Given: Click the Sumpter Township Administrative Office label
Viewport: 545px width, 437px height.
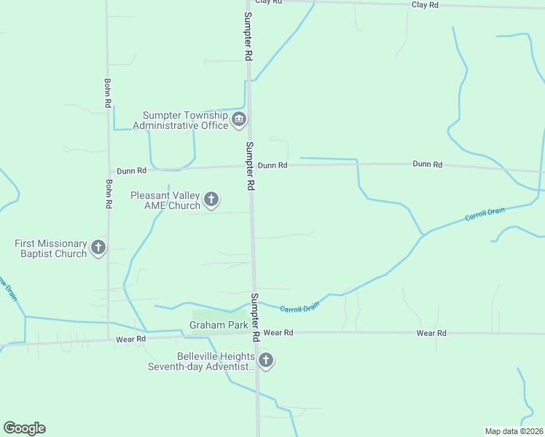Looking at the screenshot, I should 185,120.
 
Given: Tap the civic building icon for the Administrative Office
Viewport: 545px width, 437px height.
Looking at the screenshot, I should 239,120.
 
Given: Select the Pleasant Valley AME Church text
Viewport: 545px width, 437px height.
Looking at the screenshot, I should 165,200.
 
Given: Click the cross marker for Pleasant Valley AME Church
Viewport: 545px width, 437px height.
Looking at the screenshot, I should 211,199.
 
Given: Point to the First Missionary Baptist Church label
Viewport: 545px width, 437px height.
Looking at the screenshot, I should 51,248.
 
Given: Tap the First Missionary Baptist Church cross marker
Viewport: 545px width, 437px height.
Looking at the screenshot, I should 98,248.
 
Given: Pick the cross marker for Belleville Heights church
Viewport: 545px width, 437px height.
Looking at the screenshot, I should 266,360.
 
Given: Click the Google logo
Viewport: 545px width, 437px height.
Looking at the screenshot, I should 24,428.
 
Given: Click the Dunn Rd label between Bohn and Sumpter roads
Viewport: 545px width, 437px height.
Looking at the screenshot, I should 131,170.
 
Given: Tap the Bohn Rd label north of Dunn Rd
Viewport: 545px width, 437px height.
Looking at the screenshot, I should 107,93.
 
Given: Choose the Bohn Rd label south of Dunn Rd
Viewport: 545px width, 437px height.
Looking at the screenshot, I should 108,194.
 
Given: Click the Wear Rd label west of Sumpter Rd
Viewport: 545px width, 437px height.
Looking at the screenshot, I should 131,339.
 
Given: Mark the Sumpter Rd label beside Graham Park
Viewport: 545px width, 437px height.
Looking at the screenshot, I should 255,318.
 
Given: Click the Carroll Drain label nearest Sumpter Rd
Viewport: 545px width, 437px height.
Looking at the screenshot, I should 299,308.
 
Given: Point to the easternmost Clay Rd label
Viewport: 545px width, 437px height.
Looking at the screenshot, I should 425,5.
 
